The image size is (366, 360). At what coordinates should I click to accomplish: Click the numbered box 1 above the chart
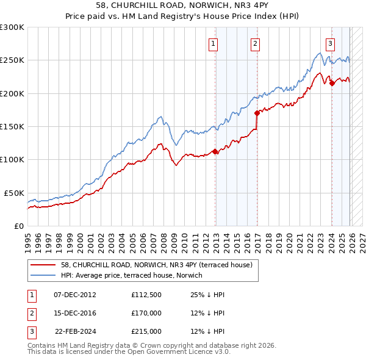[x=213, y=43]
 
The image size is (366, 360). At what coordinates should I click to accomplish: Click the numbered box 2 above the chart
[x=254, y=43]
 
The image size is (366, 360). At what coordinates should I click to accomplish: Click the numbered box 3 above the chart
[x=330, y=43]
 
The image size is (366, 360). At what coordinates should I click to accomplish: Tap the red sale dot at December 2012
[x=215, y=151]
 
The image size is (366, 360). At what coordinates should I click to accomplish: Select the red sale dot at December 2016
[x=257, y=113]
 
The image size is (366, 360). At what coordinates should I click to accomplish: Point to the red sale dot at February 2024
[x=332, y=84]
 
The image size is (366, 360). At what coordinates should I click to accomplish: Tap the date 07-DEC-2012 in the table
[x=75, y=295]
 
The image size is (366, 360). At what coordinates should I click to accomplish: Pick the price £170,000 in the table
[x=146, y=313]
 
